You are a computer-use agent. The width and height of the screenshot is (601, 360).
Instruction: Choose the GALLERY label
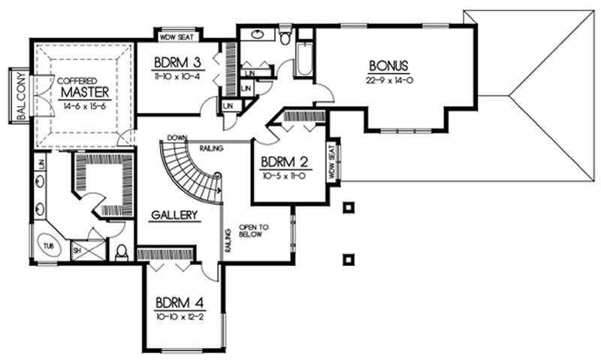pyautogui.click(x=174, y=216)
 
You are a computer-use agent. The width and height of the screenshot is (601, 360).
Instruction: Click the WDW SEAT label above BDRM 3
pyautogui.click(x=177, y=34)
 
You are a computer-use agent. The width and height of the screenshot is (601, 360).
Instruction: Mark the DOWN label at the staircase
pyautogui.click(x=177, y=138)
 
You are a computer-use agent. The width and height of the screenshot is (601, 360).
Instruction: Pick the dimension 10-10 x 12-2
pyautogui.click(x=180, y=316)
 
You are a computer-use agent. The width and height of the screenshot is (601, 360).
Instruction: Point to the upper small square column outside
pyautogui.click(x=347, y=206)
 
